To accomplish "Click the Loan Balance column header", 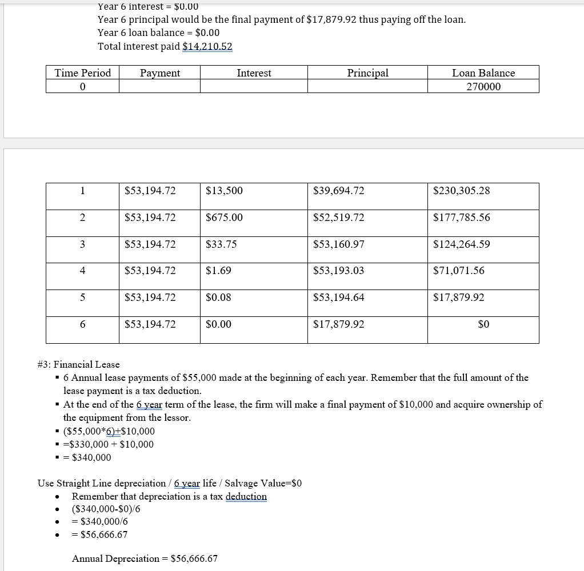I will pyautogui.click(x=483, y=73).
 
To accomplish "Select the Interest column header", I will pyautogui.click(x=254, y=73).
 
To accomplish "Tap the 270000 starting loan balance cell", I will pyautogui.click(x=483, y=86).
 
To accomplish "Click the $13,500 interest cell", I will pyautogui.click(x=224, y=191).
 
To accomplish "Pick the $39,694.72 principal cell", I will pyautogui.click(x=338, y=191).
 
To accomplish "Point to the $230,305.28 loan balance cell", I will pyautogui.click(x=461, y=191).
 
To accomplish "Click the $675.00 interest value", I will pyautogui.click(x=224, y=218).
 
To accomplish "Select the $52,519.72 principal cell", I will pyautogui.click(x=338, y=218).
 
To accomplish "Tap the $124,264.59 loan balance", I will pyautogui.click(x=461, y=244).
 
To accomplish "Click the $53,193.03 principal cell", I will pyautogui.click(x=338, y=271).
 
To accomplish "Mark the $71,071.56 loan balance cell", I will pyautogui.click(x=458, y=271).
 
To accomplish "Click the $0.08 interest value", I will pyautogui.click(x=218, y=297).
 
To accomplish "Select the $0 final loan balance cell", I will pyautogui.click(x=483, y=324).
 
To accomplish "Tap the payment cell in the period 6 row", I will pyautogui.click(x=150, y=324).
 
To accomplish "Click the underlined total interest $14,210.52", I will pyautogui.click(x=207, y=46).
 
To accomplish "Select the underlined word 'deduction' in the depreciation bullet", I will pyautogui.click(x=246, y=496).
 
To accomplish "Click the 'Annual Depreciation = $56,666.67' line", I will pyautogui.click(x=145, y=558).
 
